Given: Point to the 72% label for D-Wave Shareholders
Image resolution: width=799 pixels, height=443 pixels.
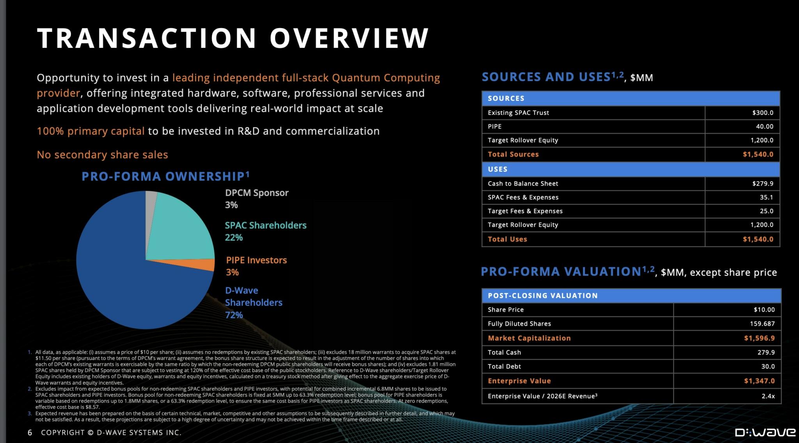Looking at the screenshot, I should pyautogui.click(x=234, y=315).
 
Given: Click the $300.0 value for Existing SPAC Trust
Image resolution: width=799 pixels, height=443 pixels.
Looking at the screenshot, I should pyautogui.click(x=762, y=113).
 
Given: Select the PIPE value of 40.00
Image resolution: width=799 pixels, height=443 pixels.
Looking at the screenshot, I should pyautogui.click(x=764, y=126).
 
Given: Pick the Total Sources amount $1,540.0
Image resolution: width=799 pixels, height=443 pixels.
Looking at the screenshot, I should pyautogui.click(x=758, y=154).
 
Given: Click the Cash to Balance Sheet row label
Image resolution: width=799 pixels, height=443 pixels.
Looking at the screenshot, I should pyautogui.click(x=523, y=184).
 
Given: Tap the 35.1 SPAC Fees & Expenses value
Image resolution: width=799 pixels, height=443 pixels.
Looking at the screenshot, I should pyautogui.click(x=766, y=197).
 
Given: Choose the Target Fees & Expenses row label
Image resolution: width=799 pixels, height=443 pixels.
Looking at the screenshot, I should pyautogui.click(x=525, y=211).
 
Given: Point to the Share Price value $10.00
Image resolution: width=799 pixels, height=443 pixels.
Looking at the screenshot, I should pyautogui.click(x=764, y=310).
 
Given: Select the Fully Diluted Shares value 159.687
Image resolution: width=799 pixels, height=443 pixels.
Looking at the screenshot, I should pyautogui.click(x=762, y=324).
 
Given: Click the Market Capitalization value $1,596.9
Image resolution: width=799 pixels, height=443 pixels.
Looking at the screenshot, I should pyautogui.click(x=759, y=338).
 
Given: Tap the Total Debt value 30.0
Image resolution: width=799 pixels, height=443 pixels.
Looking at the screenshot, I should pyautogui.click(x=767, y=366).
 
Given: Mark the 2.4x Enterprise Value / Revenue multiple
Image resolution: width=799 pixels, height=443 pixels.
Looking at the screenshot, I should pyautogui.click(x=768, y=396).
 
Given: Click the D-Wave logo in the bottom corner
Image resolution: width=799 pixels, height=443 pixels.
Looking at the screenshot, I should pyautogui.click(x=765, y=432).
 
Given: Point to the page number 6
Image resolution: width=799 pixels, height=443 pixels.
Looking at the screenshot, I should pyautogui.click(x=30, y=432).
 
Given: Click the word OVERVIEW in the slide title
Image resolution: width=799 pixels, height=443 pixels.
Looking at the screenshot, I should pyautogui.click(x=349, y=38).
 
